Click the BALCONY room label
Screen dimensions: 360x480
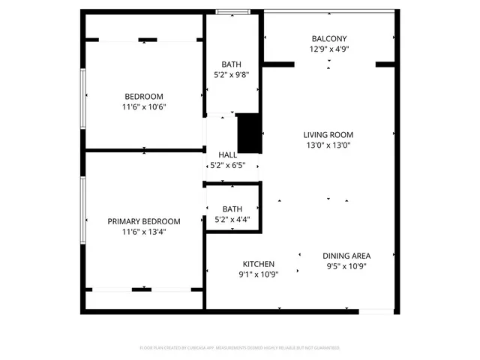tap(329, 38)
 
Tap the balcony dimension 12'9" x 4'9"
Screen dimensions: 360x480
tap(329, 49)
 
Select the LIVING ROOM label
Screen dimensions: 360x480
tap(328, 135)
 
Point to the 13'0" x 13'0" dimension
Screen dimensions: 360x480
tap(328, 145)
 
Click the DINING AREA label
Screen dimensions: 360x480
tap(346, 255)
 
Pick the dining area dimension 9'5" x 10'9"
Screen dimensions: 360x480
tap(346, 265)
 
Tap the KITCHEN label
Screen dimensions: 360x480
tap(258, 264)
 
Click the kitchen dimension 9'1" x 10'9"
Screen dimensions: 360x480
tap(258, 274)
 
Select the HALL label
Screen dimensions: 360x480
tap(227, 155)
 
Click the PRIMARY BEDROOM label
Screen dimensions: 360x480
tap(144, 221)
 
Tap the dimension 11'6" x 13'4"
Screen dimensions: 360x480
tap(144, 232)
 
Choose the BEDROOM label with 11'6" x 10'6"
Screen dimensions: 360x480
tap(144, 96)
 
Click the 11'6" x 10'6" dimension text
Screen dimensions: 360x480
tap(144, 106)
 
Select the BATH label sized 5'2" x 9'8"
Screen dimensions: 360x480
tap(232, 64)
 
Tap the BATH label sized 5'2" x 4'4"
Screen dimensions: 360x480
tap(232, 209)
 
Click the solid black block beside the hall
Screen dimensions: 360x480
tap(248, 133)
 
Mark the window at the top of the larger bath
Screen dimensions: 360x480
tap(233, 11)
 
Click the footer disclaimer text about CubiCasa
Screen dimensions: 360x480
tap(240, 348)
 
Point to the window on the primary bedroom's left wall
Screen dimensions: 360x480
tap(82, 209)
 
